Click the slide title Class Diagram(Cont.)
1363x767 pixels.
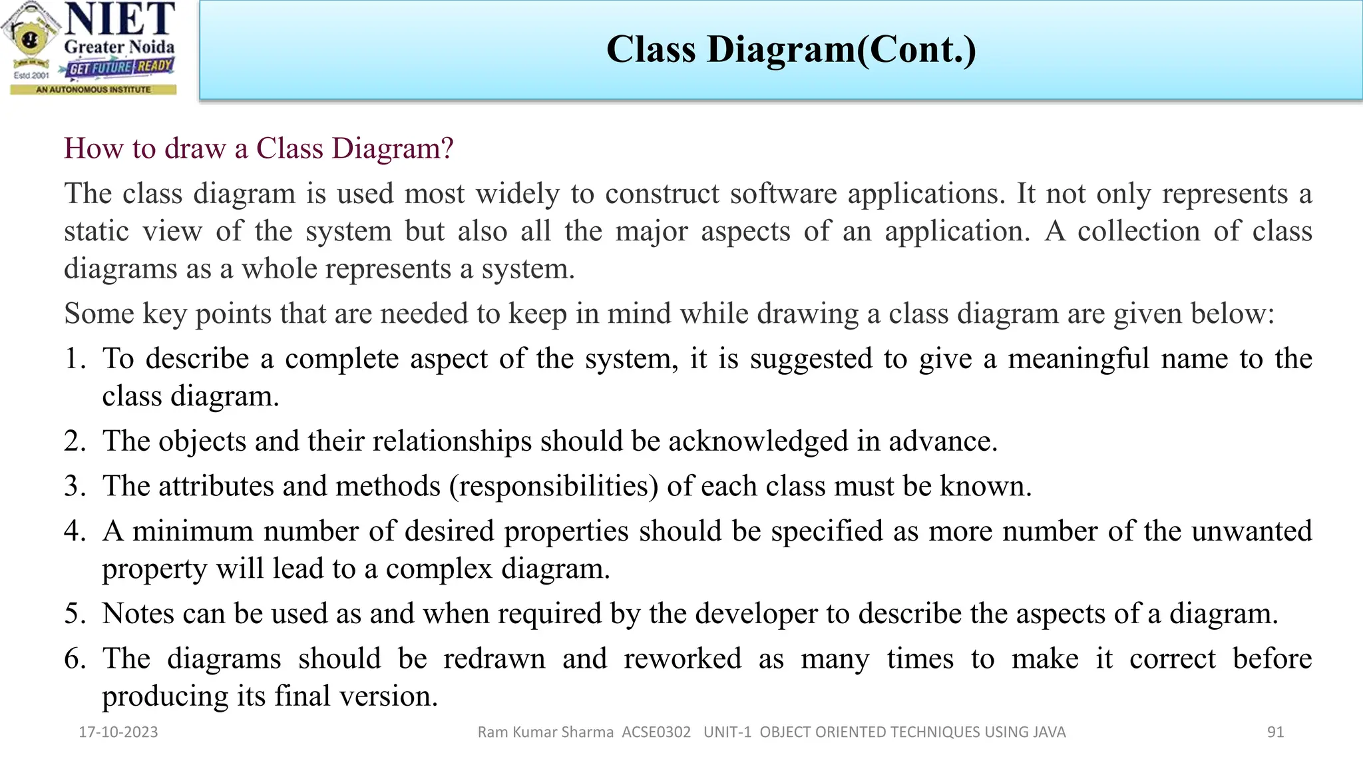[791, 49]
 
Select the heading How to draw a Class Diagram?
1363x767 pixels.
[258, 148]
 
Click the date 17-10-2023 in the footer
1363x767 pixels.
[118, 732]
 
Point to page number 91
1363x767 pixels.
[1275, 732]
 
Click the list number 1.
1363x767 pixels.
[75, 359]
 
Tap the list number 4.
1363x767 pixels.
[75, 531]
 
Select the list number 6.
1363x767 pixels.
[75, 658]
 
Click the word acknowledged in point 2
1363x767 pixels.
[758, 441]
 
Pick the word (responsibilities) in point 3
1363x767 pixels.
[554, 487]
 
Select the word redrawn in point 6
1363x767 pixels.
[494, 658]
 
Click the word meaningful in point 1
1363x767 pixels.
[1078, 359]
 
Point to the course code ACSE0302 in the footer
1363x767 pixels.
[656, 732]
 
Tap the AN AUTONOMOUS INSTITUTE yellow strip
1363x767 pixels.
[93, 89]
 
